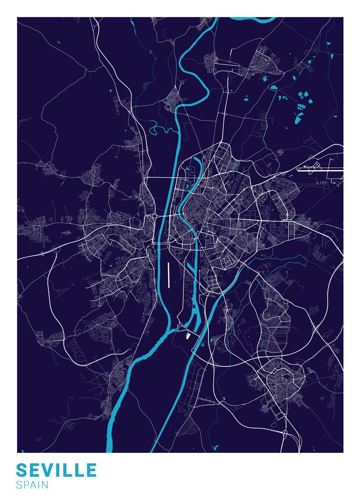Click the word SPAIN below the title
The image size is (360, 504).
(x=32, y=485)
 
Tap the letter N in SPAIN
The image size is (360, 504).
(x=45, y=485)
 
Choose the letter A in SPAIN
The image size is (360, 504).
(x=34, y=485)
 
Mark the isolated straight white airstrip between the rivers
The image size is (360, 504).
(x=168, y=275)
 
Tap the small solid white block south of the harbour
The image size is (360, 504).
(x=188, y=335)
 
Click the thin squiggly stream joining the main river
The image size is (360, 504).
(x=162, y=127)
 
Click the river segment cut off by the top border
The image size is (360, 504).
(x=252, y=19)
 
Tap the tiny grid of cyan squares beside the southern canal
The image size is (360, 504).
(x=202, y=344)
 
